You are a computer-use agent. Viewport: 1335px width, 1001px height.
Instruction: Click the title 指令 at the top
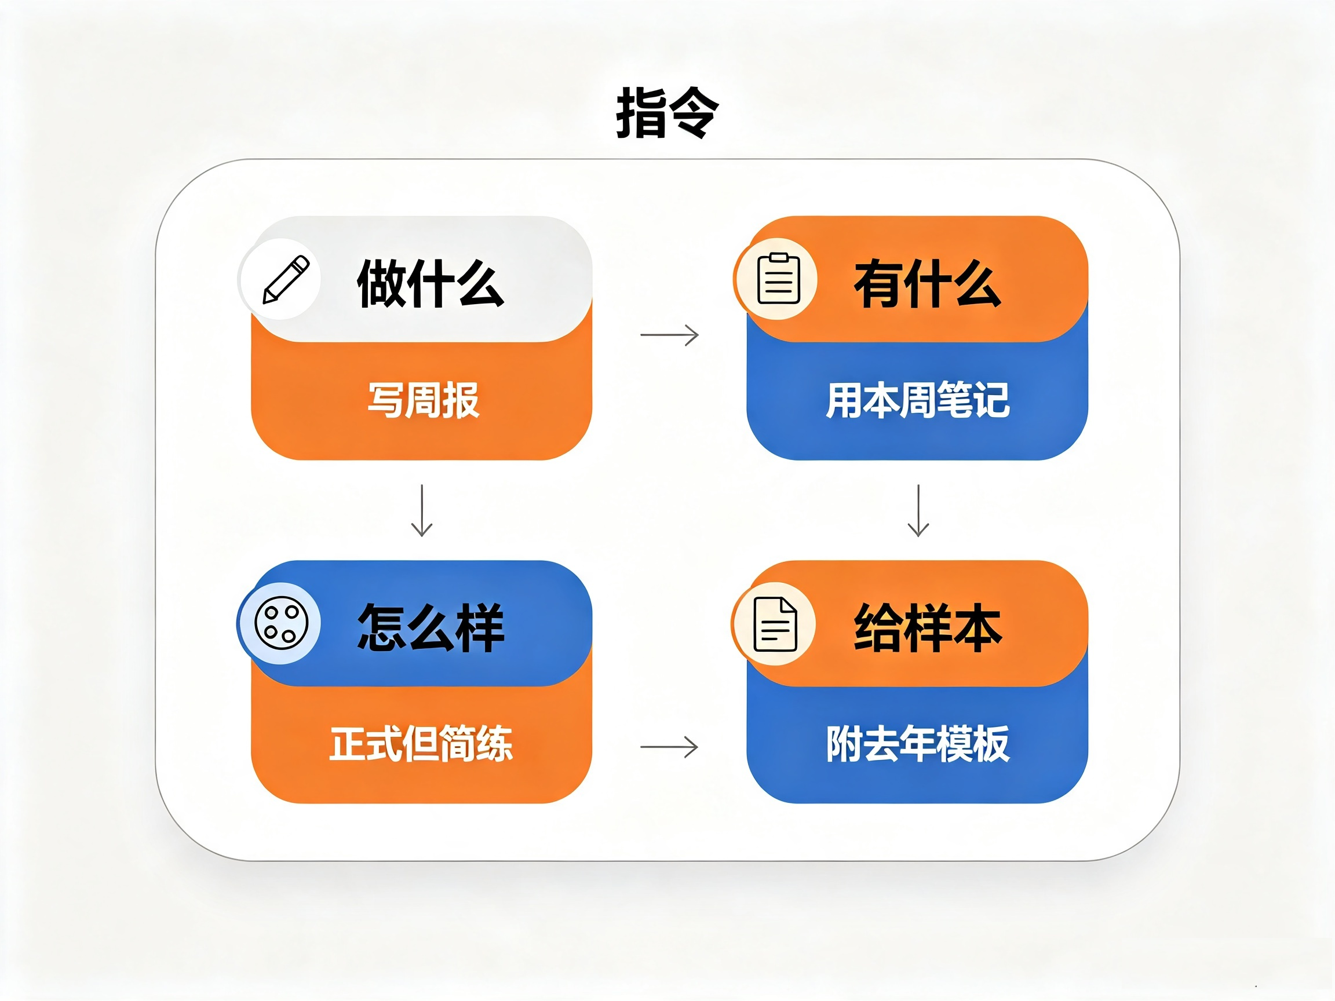click(667, 113)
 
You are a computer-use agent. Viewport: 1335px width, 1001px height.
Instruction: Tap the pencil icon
click(286, 279)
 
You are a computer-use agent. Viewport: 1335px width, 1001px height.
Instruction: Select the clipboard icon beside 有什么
click(779, 279)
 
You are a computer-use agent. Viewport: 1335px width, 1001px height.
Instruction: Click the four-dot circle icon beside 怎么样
click(281, 623)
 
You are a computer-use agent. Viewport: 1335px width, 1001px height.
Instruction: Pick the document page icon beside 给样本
click(775, 624)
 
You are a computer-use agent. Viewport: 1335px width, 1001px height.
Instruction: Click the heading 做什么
click(431, 283)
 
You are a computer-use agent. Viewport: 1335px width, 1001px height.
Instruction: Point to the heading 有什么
click(928, 283)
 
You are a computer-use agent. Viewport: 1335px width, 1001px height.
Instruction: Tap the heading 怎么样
click(431, 627)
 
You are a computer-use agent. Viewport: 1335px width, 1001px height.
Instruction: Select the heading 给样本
click(928, 627)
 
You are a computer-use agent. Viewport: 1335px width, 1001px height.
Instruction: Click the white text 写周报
click(423, 400)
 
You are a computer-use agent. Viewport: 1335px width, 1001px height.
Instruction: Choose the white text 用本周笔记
click(917, 400)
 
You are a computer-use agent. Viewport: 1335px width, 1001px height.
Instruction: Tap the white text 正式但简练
click(421, 743)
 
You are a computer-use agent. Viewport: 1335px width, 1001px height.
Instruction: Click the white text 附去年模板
click(917, 743)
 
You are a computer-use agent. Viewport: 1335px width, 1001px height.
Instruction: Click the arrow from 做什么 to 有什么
click(669, 334)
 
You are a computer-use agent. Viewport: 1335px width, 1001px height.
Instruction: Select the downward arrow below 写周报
click(422, 510)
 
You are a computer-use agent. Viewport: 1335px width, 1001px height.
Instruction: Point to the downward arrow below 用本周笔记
click(918, 510)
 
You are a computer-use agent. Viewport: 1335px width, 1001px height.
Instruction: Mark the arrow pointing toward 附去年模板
click(669, 747)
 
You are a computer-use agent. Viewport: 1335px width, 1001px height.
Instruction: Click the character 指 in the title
click(641, 113)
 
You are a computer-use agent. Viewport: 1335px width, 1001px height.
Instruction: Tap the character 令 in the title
click(695, 113)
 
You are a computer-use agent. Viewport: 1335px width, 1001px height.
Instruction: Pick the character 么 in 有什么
click(977, 283)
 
